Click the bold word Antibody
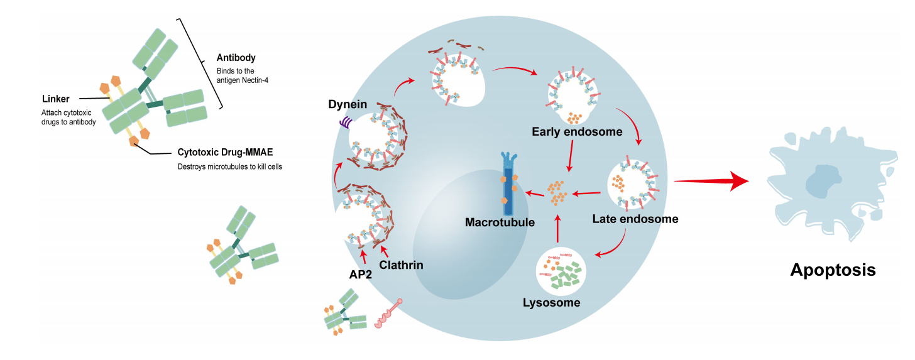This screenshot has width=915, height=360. point(236,57)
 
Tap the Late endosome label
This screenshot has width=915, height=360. point(635,219)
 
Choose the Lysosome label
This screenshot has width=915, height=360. point(551,303)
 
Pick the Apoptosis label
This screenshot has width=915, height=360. point(833,270)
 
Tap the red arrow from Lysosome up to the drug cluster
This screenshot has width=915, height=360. point(557,229)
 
